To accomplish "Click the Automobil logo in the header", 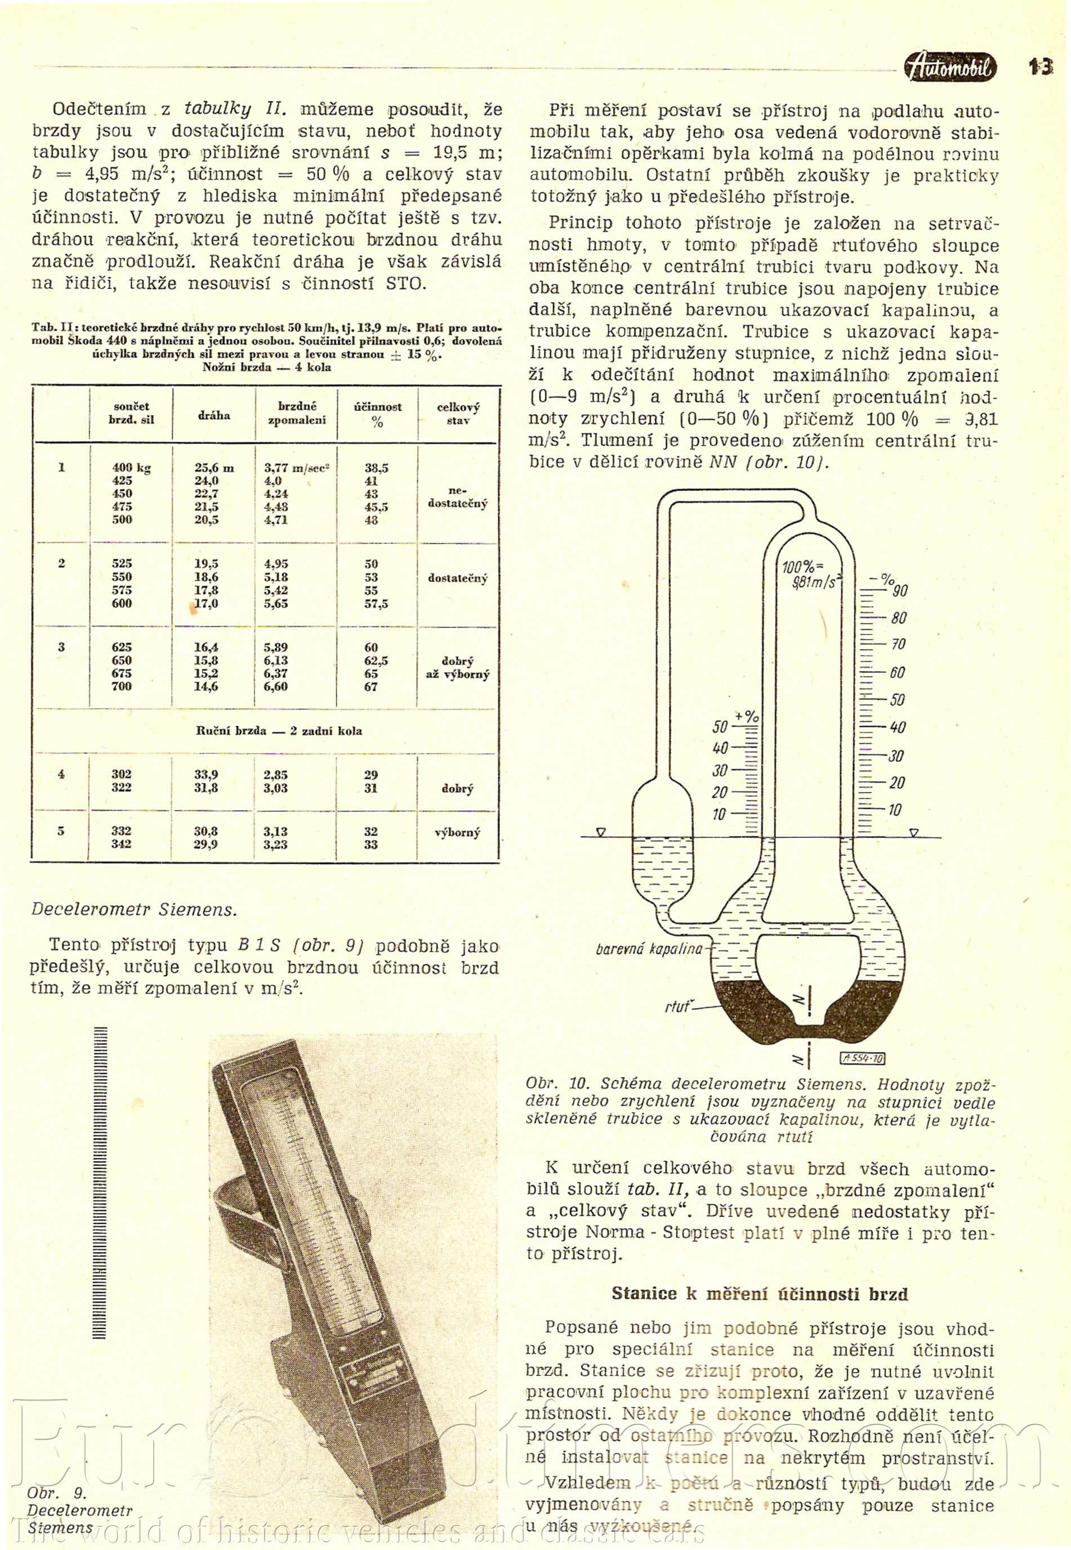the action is [950, 67].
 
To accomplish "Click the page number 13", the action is [1041, 66].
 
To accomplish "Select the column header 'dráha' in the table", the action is [214, 415].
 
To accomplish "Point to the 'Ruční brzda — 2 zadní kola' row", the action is [279, 730].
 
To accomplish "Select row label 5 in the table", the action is [61, 830].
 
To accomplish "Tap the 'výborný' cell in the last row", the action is [458, 832].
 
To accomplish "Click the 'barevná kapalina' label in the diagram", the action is [649, 948].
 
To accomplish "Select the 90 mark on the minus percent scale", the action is [900, 590].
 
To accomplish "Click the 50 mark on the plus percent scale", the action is [720, 726].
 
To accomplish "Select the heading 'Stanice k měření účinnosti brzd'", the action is [760, 1294].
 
